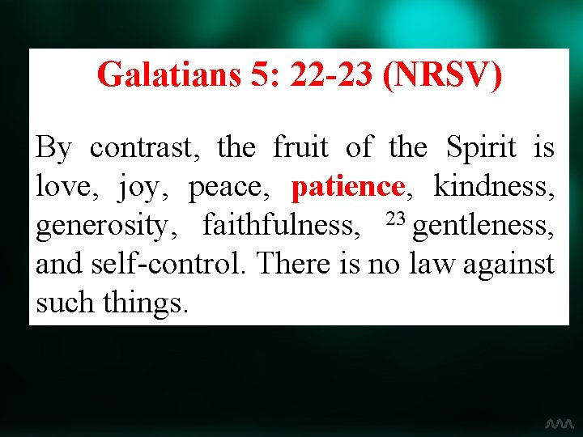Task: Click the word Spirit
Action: coord(481,147)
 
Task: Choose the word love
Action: coord(62,187)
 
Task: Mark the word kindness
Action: coord(494,187)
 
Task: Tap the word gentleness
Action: coord(483,224)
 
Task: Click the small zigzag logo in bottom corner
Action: coord(559,423)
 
